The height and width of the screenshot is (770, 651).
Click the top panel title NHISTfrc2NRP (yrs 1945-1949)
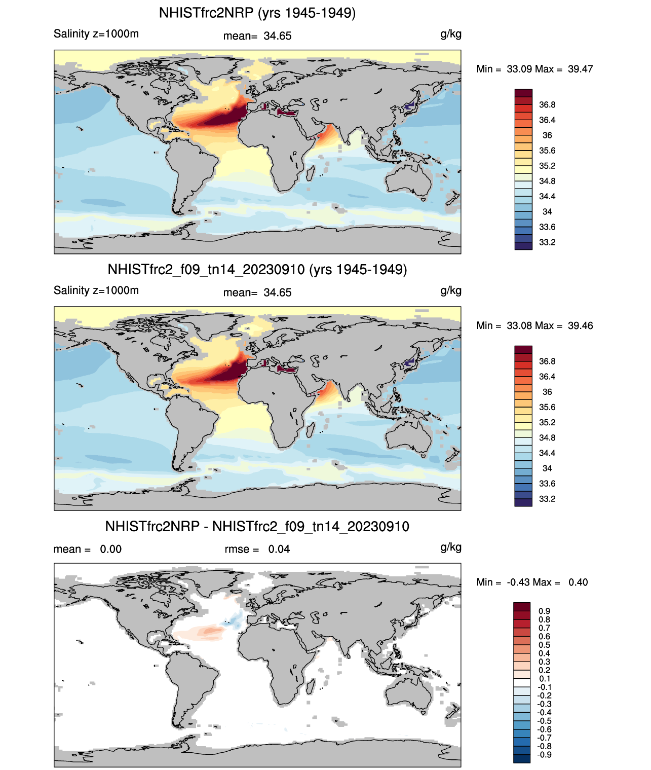click(x=257, y=13)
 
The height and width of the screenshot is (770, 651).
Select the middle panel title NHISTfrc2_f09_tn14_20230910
click(x=257, y=269)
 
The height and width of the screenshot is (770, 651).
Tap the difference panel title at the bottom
click(x=257, y=526)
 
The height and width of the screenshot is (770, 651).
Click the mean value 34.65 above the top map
click(x=277, y=36)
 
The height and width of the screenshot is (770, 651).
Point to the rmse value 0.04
click(x=279, y=549)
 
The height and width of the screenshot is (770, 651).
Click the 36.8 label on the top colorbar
click(x=547, y=105)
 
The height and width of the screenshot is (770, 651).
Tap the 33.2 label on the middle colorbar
click(x=547, y=499)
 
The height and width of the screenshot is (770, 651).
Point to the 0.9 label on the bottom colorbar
click(x=544, y=611)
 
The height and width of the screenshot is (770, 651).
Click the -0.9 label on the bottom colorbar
click(x=544, y=755)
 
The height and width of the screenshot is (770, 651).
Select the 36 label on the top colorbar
click(x=547, y=135)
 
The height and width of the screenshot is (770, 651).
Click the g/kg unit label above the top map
click(x=451, y=34)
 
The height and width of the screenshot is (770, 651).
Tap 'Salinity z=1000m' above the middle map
click(x=96, y=290)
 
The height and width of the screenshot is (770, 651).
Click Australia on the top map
click(x=408, y=180)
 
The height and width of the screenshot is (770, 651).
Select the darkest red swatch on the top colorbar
click(x=523, y=93)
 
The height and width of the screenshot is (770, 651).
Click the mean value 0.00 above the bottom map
click(x=110, y=549)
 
